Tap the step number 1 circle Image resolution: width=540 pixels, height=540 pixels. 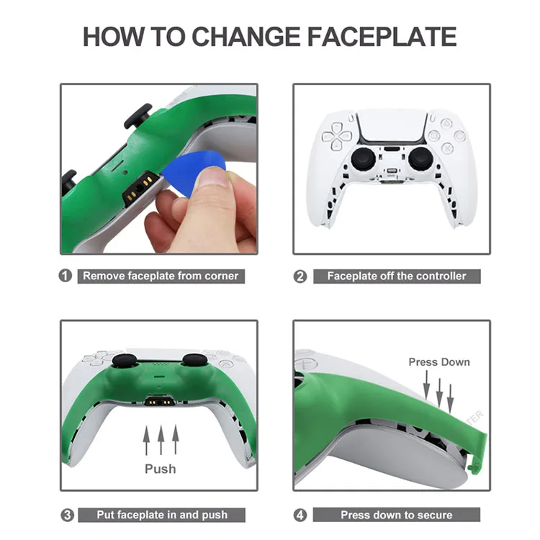point(66,276)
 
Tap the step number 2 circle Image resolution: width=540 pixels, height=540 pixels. point(301,276)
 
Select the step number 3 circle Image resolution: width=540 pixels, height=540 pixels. point(66,514)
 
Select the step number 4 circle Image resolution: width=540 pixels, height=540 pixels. point(301,514)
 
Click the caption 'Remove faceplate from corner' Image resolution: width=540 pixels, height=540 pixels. point(160,276)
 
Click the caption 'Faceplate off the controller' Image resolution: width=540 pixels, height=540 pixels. point(397,276)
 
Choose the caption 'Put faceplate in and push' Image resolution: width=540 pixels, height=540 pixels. point(162,514)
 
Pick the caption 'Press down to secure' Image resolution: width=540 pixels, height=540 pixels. point(397,514)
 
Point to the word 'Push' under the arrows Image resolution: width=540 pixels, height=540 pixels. point(160,469)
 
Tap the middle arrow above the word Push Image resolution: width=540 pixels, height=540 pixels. point(160,440)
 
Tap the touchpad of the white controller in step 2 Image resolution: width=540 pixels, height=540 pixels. point(392,125)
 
